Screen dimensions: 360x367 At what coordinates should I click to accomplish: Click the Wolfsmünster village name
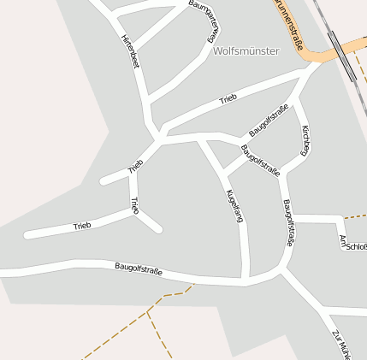(246, 51)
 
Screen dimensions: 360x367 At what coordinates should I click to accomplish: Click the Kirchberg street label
(305, 140)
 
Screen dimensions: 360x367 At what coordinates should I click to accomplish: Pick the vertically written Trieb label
(133, 205)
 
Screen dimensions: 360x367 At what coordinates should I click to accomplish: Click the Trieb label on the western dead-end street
(82, 226)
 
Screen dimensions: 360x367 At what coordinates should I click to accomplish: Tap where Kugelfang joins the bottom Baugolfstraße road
(246, 279)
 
